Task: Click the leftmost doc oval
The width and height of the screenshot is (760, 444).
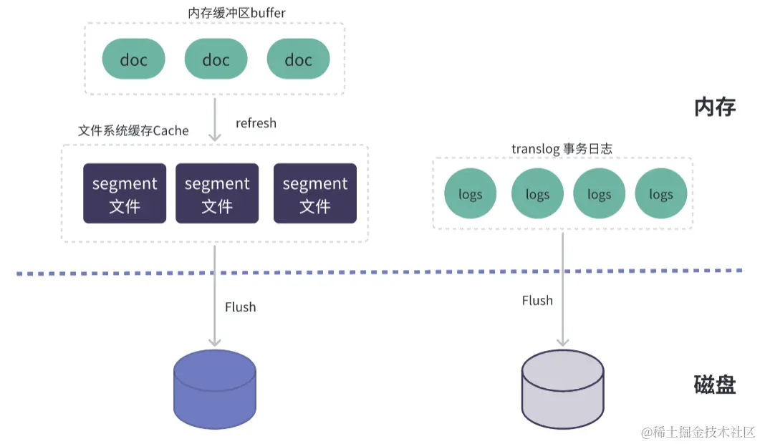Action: pos(134,59)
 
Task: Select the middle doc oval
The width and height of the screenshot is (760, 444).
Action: pos(216,59)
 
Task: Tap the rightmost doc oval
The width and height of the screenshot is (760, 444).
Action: pos(298,59)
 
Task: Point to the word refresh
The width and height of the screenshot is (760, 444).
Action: pos(256,123)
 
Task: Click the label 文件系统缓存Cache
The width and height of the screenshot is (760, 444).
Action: pos(133,131)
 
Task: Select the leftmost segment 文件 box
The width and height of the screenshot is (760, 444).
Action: pos(125,193)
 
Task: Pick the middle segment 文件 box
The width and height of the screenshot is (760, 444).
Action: pos(217,193)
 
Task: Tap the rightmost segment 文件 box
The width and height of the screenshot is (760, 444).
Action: pos(315,193)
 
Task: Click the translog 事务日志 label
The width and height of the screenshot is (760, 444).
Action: pos(562,148)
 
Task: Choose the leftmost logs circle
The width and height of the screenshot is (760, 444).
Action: pos(471,194)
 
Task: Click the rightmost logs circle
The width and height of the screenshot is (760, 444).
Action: pos(660,194)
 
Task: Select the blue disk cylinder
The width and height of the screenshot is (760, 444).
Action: pos(215,390)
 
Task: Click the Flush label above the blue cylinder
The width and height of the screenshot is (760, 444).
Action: pos(240,307)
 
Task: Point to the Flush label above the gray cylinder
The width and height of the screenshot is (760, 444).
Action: pos(537,301)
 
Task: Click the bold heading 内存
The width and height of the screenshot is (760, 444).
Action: pos(715,107)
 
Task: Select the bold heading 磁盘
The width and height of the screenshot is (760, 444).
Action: pos(715,385)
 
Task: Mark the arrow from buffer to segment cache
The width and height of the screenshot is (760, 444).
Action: pos(215,118)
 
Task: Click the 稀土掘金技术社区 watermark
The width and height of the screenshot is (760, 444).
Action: pos(698,432)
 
